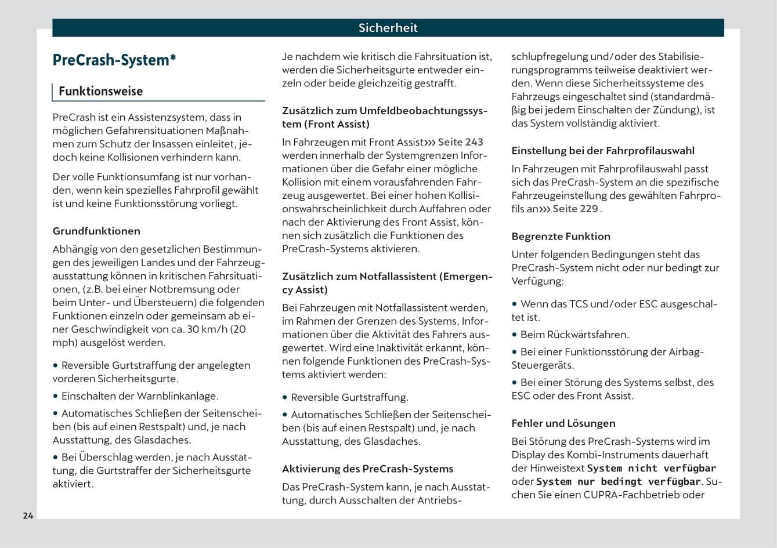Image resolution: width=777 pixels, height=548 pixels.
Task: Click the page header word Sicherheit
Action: point(388,28)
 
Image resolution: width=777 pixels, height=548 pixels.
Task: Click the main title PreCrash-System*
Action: point(114,60)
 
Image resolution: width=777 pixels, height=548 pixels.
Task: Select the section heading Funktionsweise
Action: point(100,91)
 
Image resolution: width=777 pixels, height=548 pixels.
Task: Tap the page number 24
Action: point(28,516)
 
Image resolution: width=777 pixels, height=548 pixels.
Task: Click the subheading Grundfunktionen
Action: point(96,231)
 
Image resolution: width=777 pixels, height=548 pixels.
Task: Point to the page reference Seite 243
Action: point(460,142)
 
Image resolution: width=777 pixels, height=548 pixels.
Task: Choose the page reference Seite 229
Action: point(574,209)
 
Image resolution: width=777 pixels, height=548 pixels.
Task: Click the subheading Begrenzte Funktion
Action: point(561,236)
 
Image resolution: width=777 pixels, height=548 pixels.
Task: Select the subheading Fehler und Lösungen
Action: point(563,423)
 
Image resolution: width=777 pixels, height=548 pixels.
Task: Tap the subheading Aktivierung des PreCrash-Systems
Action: point(367,469)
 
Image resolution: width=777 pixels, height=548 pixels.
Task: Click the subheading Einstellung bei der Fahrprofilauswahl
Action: point(602,151)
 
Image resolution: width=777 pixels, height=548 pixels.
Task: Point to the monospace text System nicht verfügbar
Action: point(651,468)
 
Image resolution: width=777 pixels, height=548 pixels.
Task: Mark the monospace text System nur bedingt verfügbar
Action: point(619,481)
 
